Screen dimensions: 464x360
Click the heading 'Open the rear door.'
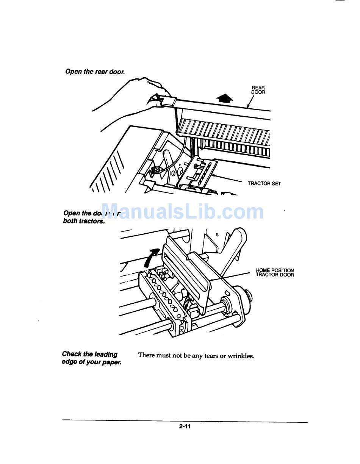click(95, 71)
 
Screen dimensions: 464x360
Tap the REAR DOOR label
click(258, 90)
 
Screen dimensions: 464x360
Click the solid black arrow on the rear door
click(225, 98)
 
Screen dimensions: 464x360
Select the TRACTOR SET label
click(264, 183)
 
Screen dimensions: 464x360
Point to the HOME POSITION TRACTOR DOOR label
click(275, 272)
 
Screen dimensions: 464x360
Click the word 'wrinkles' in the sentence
click(241, 356)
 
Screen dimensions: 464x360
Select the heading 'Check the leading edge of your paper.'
click(91, 358)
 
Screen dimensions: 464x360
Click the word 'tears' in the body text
click(211, 356)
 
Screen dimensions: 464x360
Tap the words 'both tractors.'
click(84, 221)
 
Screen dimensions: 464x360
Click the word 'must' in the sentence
click(164, 356)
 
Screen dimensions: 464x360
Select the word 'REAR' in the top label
click(258, 88)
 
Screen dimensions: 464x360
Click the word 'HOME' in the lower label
click(263, 270)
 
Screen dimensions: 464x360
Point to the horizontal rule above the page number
click(185, 420)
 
